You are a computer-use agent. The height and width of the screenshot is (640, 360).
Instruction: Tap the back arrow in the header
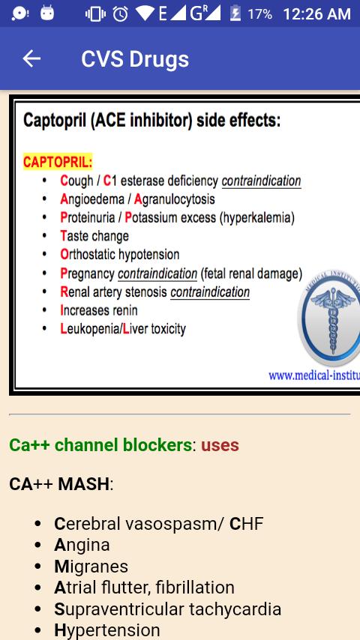click(x=31, y=58)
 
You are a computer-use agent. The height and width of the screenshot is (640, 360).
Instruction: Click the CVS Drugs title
click(x=135, y=59)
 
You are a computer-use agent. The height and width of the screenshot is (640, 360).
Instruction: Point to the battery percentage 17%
click(x=259, y=14)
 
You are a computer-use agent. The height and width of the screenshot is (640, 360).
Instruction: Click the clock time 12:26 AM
click(x=316, y=14)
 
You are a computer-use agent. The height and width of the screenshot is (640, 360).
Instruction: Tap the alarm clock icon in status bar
click(x=121, y=14)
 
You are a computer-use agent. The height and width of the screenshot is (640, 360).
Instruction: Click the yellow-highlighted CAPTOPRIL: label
click(x=58, y=162)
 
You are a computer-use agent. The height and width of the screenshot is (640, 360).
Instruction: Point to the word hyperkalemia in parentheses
click(x=257, y=218)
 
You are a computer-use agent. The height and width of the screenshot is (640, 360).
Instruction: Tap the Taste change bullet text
click(x=94, y=236)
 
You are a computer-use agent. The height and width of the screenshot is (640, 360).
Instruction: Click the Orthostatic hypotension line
click(x=120, y=255)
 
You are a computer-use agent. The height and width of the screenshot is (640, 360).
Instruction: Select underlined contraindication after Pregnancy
click(x=157, y=274)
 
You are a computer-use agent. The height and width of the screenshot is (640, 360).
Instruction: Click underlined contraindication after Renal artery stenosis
click(x=210, y=292)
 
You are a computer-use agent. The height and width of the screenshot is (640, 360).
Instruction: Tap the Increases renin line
click(x=99, y=310)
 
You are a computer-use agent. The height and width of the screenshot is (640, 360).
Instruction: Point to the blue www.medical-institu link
click(x=313, y=375)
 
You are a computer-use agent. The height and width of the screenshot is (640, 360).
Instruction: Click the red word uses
click(x=220, y=445)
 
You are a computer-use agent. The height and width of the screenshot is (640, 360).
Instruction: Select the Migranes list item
click(x=91, y=567)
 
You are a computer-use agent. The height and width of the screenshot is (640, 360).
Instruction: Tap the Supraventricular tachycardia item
click(x=168, y=609)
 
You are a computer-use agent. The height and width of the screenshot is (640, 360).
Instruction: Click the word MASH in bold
click(x=83, y=484)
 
